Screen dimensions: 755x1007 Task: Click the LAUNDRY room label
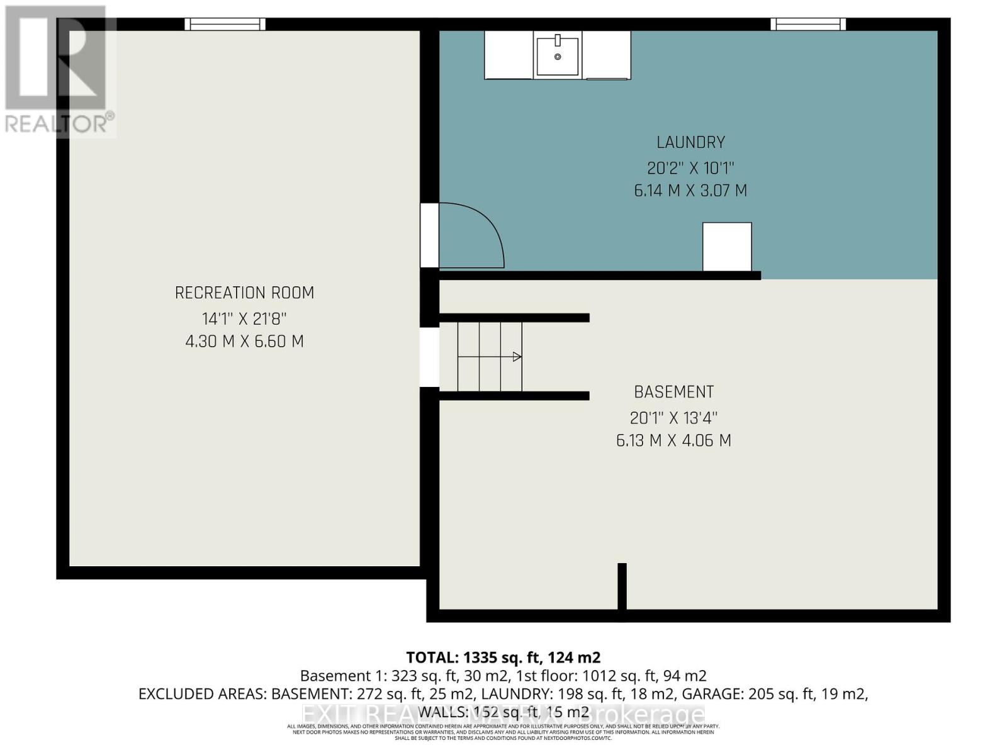pyautogui.click(x=690, y=142)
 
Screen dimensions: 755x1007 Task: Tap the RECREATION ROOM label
pyautogui.click(x=244, y=293)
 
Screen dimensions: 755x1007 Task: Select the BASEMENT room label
pyautogui.click(x=673, y=392)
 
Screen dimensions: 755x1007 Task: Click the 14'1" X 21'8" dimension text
pyautogui.click(x=244, y=318)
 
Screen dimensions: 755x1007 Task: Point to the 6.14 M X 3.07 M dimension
pyautogui.click(x=690, y=191)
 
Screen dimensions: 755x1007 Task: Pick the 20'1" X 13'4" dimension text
pyautogui.click(x=673, y=418)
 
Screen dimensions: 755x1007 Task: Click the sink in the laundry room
pyautogui.click(x=557, y=55)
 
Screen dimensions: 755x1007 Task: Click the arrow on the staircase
pyautogui.click(x=516, y=357)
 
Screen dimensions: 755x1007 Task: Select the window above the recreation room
pyautogui.click(x=225, y=25)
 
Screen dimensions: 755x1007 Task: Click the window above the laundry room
pyautogui.click(x=808, y=25)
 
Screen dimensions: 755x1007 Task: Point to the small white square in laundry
pyautogui.click(x=727, y=247)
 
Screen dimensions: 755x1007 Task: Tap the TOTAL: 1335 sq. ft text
pyautogui.click(x=503, y=657)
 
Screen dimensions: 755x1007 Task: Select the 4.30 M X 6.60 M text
pyautogui.click(x=244, y=342)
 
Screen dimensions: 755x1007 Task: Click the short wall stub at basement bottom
pyautogui.click(x=622, y=586)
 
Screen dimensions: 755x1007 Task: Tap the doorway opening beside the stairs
pyautogui.click(x=429, y=357)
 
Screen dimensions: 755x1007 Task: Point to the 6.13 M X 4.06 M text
pyautogui.click(x=673, y=440)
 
